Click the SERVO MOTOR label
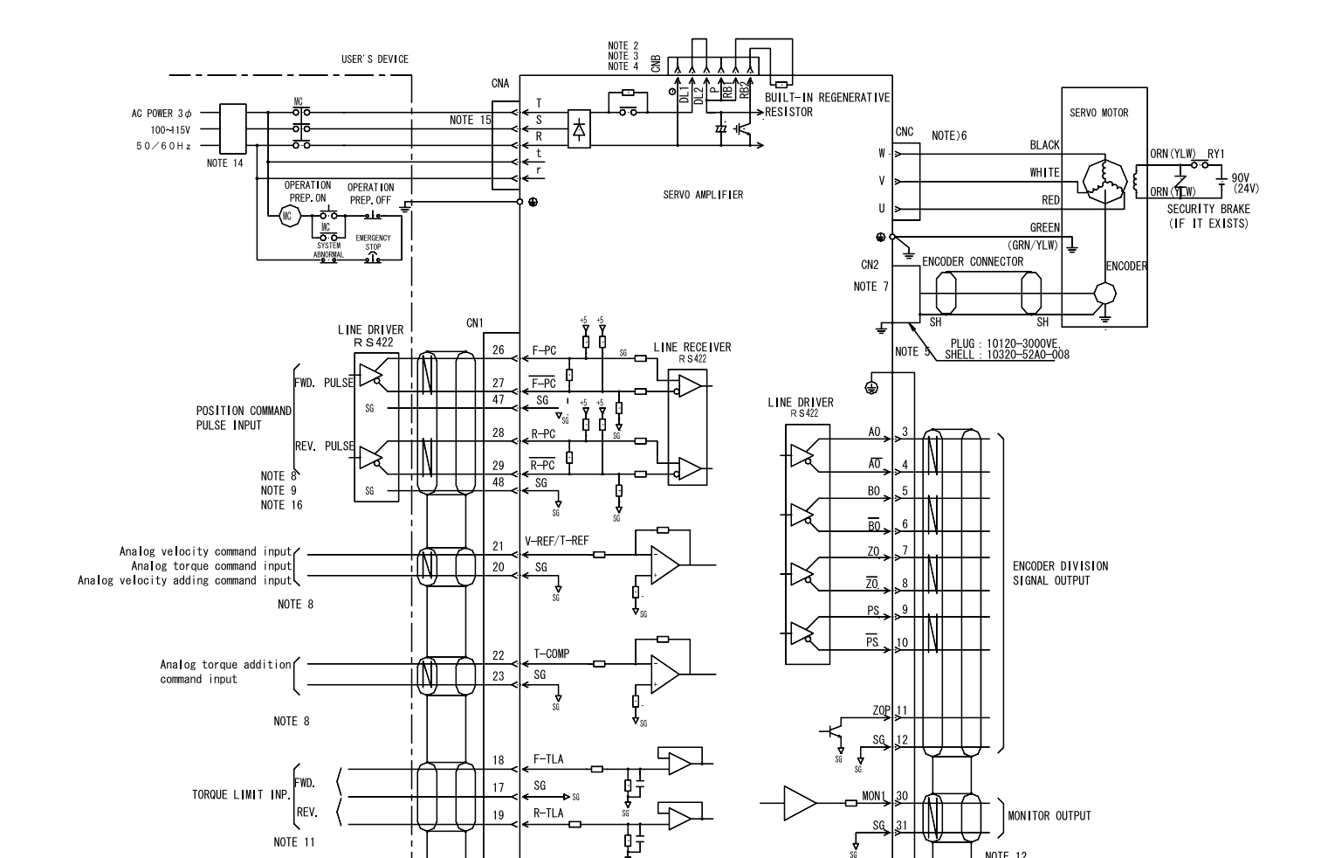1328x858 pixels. pos(1098,113)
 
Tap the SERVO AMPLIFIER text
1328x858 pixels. pos(703,195)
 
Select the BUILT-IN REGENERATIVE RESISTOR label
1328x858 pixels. pos(827,104)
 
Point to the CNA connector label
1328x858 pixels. pos(500,84)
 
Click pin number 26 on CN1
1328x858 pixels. pos(499,351)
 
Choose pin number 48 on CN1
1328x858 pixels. pos(499,482)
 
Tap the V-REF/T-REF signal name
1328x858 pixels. pos(557,542)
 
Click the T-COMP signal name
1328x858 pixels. pos(551,654)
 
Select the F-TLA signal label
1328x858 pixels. pos(547,759)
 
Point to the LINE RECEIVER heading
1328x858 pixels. pos(692,347)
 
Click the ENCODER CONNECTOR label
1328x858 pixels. pos(973,261)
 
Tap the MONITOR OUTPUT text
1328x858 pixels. pos(1049,816)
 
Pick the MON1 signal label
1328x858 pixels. pos(874,797)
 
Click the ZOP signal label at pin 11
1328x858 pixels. pos(881,710)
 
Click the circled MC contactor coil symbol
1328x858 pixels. pos(288,217)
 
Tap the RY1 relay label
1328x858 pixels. pos(1216,154)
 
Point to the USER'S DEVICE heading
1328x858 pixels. pos(375,59)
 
